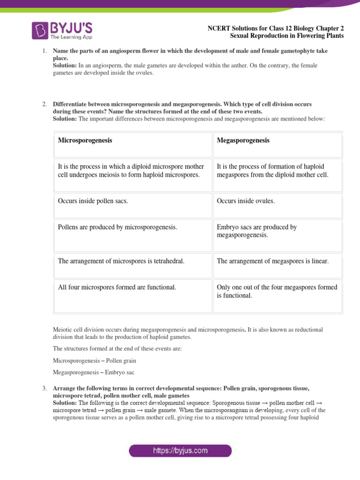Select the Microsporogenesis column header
click(85, 140)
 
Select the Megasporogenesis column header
click(243, 140)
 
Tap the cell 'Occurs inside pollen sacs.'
click(93, 201)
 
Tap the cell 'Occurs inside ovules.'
click(246, 201)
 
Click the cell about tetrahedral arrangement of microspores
click(121, 261)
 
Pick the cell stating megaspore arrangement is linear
click(273, 261)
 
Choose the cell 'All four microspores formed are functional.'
click(117, 287)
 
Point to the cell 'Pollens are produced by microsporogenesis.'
click(118, 227)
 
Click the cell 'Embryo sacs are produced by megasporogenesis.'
click(256, 231)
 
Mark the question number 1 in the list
click(43, 50)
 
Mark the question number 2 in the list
click(43, 104)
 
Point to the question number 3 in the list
click(43, 389)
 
